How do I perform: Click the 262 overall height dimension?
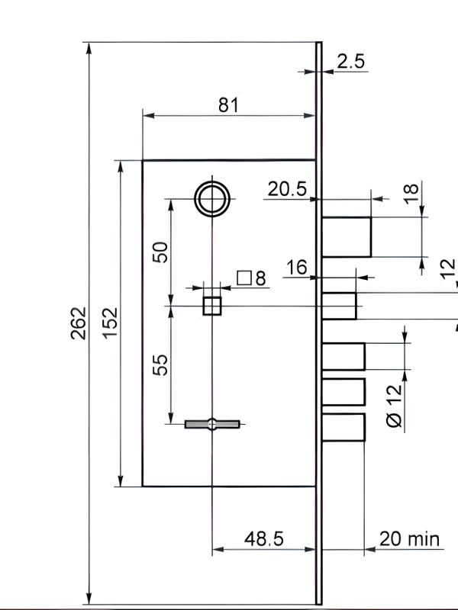click(79, 323)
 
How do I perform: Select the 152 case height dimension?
click(110, 323)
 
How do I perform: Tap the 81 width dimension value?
click(227, 105)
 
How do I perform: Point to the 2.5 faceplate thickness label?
click(351, 62)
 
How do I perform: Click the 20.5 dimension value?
click(288, 189)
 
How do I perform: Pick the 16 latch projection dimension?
click(297, 268)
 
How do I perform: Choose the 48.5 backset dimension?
click(264, 539)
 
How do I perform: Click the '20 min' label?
click(409, 539)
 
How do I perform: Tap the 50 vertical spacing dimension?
click(160, 252)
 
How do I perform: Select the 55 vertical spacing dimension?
click(160, 365)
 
